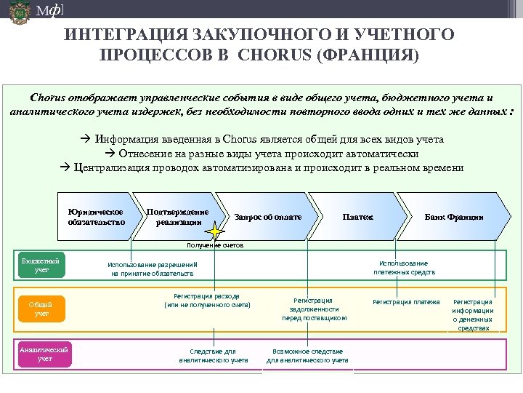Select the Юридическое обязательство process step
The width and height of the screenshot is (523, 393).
click(97, 216)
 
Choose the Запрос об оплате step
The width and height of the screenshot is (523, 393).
click(267, 217)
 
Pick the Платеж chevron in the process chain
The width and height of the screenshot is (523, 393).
click(357, 217)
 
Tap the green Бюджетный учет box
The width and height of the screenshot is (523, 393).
click(42, 265)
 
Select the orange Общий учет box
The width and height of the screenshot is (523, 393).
click(42, 309)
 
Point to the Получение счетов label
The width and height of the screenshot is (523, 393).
click(214, 245)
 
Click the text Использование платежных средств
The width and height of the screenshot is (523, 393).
click(404, 267)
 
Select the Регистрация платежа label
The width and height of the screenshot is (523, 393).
click(406, 301)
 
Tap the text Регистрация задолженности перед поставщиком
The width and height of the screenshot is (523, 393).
click(314, 309)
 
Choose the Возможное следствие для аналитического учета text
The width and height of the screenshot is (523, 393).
click(307, 355)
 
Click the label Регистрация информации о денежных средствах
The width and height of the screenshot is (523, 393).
click(472, 314)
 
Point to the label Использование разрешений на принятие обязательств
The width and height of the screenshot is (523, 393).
click(152, 269)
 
